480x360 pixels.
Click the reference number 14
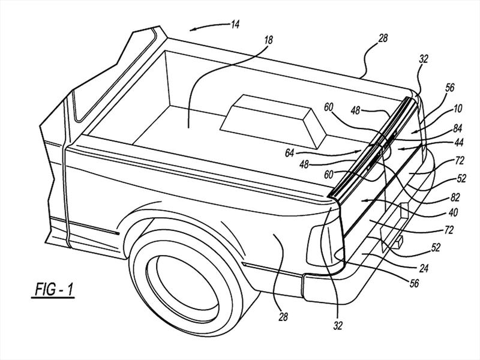click(235, 24)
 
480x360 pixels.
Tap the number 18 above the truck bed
click(268, 40)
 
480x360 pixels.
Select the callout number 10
click(457, 109)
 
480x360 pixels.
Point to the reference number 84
click(457, 128)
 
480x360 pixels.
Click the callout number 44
click(458, 142)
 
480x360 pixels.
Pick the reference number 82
click(455, 198)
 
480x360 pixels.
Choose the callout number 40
click(453, 212)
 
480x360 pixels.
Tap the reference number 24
click(424, 268)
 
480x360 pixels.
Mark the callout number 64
click(289, 153)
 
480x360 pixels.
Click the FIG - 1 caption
click(54, 289)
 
